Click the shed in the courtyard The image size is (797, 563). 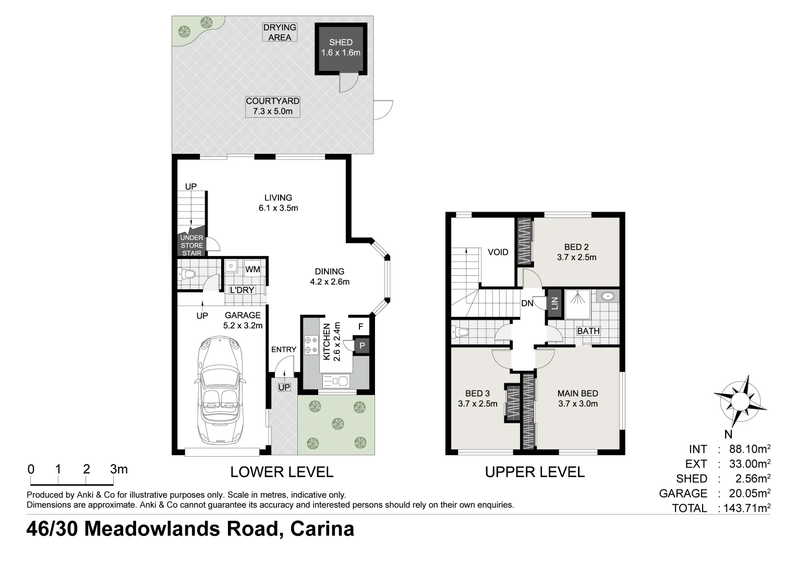pyautogui.click(x=341, y=47)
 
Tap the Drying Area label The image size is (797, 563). pyautogui.click(x=280, y=32)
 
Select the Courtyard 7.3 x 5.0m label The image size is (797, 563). pyautogui.click(x=273, y=106)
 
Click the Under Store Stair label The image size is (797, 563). pyautogui.click(x=191, y=246)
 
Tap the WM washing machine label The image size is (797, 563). pyautogui.click(x=252, y=270)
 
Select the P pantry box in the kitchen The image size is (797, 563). pyautogui.click(x=361, y=345)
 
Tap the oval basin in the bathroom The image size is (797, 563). pyautogui.click(x=608, y=297)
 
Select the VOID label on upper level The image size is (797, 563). pyautogui.click(x=498, y=252)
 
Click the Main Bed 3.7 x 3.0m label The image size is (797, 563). pyautogui.click(x=577, y=399)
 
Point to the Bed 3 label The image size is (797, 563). pyautogui.click(x=477, y=399)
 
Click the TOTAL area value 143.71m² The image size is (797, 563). pyautogui.click(x=745, y=508)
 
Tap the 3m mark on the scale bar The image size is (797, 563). pyautogui.click(x=119, y=470)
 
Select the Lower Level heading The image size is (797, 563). pyautogui.click(x=282, y=472)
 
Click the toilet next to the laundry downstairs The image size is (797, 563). pyautogui.click(x=186, y=274)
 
